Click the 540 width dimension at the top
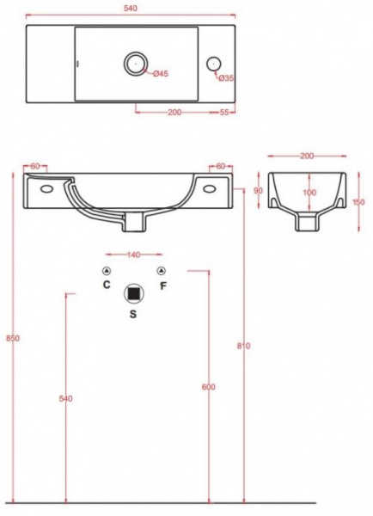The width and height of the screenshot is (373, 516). tap(131, 8)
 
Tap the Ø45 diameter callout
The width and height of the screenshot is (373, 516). tap(161, 73)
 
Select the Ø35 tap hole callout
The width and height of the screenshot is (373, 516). tap(226, 78)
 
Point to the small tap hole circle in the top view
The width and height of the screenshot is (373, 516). tap(214, 64)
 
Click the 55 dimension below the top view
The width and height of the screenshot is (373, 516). tap(224, 112)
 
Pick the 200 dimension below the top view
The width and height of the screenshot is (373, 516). tap(174, 112)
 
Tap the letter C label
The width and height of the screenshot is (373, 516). tap(107, 285)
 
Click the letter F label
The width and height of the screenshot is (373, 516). tap(162, 286)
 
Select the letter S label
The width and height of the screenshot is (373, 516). tap(133, 314)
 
